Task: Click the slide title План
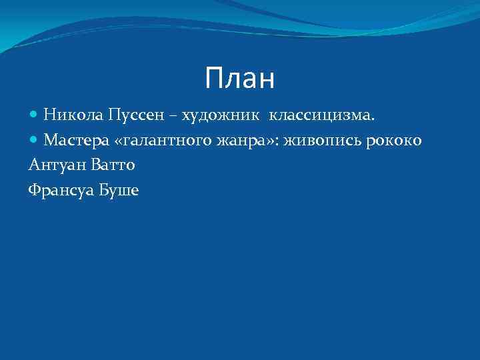[240, 79]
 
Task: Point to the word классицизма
[321, 115]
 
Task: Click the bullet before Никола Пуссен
[34, 115]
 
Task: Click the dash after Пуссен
[173, 116]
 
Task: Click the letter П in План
[215, 79]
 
